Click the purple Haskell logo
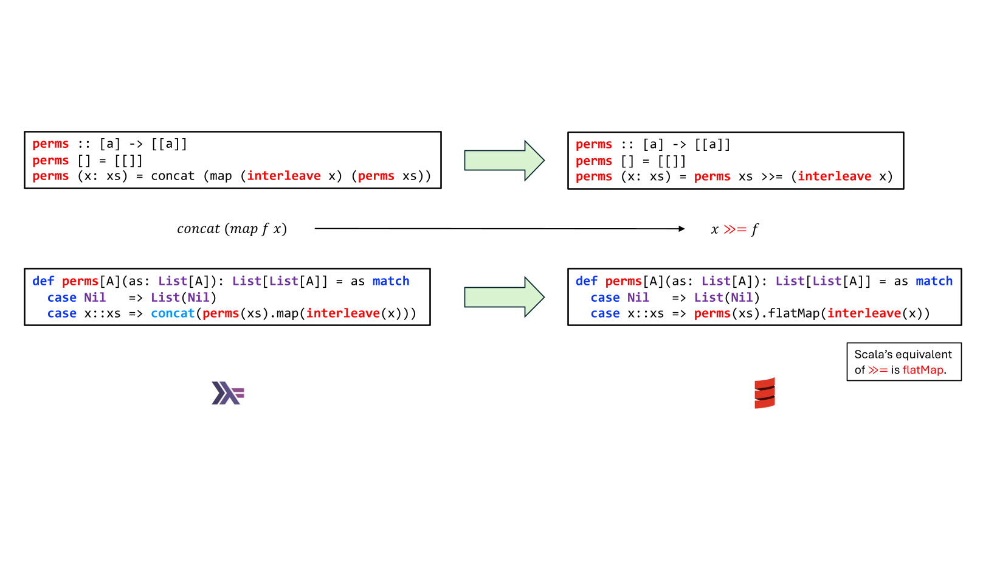click(227, 393)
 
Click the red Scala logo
click(764, 393)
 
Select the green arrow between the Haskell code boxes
click(504, 161)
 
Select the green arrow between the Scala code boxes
click(504, 297)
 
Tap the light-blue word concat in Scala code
click(173, 313)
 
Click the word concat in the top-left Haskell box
click(173, 176)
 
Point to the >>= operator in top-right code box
click(771, 176)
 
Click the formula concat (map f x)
click(232, 229)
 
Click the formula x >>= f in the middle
click(734, 229)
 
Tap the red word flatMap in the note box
click(923, 370)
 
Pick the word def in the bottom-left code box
click(43, 281)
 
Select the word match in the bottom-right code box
click(934, 281)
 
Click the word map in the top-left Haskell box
click(221, 176)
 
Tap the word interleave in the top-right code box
click(834, 176)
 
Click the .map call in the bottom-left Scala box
click(286, 313)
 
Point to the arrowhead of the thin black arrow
click(681, 229)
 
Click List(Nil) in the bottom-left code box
click(184, 298)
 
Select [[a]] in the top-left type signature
click(169, 144)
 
